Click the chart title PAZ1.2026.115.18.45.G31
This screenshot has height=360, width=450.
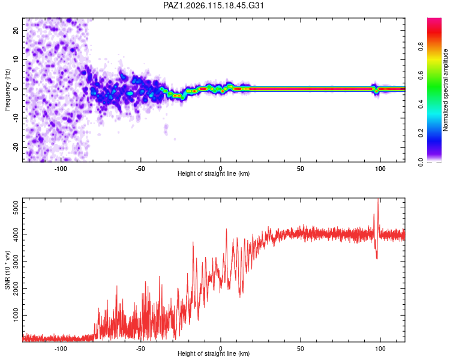(213, 5)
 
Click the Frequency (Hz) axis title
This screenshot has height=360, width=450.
(7, 89)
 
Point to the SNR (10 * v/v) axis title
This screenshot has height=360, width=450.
(7, 270)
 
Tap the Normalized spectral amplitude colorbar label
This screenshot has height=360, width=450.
(445, 90)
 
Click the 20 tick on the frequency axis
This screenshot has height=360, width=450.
(16, 31)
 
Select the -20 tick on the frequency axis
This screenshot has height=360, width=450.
(16, 148)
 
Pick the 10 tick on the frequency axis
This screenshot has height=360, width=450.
(16, 60)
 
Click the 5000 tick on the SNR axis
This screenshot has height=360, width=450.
(16, 208)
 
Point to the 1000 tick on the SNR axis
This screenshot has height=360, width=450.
(16, 315)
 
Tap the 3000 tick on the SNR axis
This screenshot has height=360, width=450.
(16, 261)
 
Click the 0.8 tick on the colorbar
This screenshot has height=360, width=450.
(421, 47)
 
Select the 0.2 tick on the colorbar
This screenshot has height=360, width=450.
(421, 133)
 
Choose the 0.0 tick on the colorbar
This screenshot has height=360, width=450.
(421, 162)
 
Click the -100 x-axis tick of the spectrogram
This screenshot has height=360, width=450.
(61, 169)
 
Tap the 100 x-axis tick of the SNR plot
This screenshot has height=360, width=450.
(380, 349)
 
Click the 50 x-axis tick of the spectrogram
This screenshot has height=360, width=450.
(301, 169)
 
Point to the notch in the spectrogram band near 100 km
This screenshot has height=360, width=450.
(376, 91)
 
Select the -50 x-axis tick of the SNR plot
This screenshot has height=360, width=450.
(140, 349)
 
